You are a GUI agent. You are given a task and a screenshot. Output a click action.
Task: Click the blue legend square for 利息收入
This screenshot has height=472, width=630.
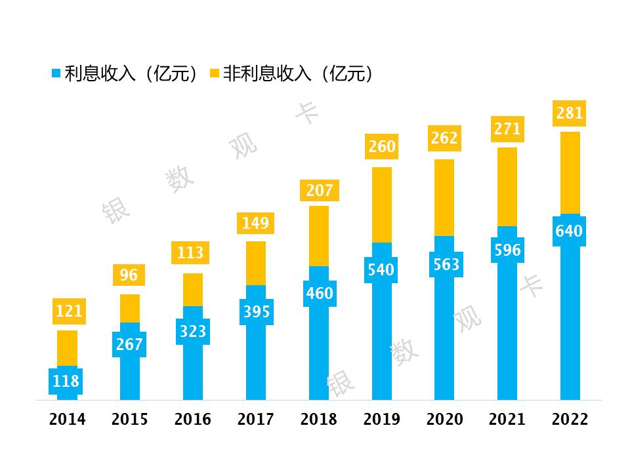(56, 73)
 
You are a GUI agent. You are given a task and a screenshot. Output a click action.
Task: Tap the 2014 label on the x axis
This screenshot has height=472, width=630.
(67, 420)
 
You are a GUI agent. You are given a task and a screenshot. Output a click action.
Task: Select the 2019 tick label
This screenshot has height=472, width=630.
(381, 420)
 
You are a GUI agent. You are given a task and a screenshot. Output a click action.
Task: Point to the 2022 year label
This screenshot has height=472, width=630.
(570, 420)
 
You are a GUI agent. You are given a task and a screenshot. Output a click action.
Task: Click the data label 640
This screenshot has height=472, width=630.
(569, 231)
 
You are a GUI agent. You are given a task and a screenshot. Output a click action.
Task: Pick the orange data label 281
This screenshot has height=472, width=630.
(569, 113)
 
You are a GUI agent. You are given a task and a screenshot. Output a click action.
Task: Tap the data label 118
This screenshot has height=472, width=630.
(66, 381)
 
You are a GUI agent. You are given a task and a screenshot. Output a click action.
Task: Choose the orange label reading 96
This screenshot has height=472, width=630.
(129, 275)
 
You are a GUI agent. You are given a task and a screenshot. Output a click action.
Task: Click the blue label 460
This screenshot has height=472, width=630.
(320, 293)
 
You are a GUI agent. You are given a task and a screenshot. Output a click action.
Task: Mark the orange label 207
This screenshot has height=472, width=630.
(320, 191)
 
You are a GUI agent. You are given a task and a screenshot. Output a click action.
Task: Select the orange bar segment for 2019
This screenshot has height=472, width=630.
(382, 205)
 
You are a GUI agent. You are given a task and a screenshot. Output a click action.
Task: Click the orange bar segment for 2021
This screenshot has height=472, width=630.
(507, 187)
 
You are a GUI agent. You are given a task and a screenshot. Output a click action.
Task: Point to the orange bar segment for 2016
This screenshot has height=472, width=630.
(193, 290)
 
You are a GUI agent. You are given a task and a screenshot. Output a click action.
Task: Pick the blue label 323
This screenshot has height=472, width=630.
(193, 332)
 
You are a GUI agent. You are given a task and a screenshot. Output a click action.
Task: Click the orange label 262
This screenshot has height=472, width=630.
(444, 138)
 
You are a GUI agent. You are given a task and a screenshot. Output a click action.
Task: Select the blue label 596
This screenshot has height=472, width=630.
(507, 250)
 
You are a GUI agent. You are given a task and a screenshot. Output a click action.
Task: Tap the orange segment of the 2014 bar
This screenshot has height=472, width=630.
(67, 348)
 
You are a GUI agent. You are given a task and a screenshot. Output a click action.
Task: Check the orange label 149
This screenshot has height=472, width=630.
(255, 224)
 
